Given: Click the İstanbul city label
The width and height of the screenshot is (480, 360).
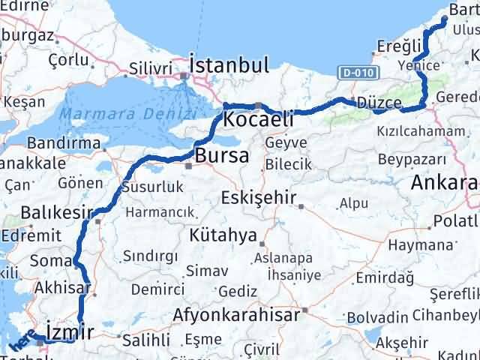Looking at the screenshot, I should pyautogui.click(x=229, y=65).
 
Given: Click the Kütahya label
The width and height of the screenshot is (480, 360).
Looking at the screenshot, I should pyautogui.click(x=223, y=235).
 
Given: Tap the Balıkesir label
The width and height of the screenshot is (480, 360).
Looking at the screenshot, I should pyautogui.click(x=57, y=213).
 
